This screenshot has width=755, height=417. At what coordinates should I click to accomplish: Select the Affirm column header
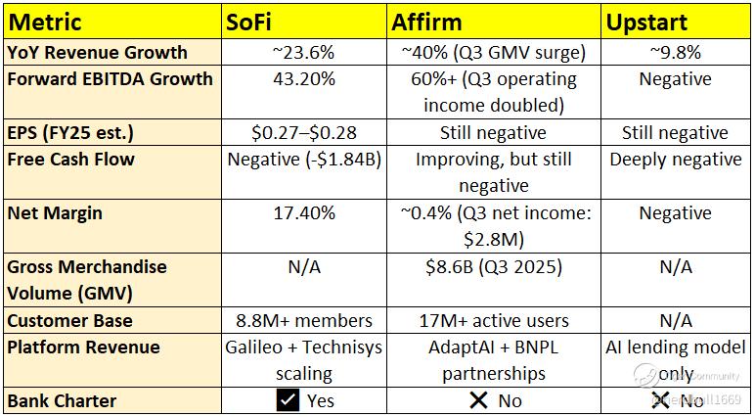click(427, 22)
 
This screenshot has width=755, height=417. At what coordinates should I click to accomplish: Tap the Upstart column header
click(645, 22)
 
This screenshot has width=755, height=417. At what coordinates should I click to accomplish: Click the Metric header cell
click(47, 22)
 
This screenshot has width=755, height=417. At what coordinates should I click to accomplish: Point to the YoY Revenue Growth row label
click(97, 53)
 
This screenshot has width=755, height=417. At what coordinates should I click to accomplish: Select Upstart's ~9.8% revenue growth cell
click(675, 53)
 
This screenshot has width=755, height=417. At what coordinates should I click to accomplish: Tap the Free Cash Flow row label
click(70, 159)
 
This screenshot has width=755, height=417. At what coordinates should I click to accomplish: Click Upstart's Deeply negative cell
click(675, 159)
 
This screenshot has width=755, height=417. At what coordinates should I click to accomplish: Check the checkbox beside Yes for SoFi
click(287, 399)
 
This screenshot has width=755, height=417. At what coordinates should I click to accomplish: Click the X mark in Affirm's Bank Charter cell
click(478, 399)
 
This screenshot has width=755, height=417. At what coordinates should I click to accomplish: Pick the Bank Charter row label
click(63, 399)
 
